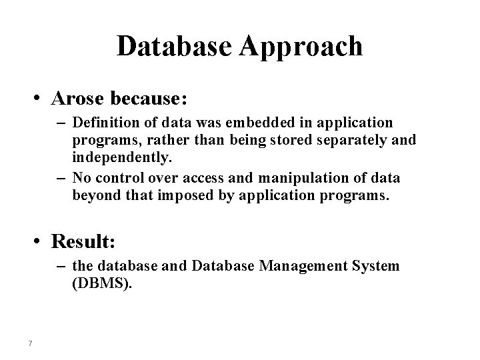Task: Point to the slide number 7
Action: (31, 343)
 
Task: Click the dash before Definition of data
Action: (61, 124)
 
